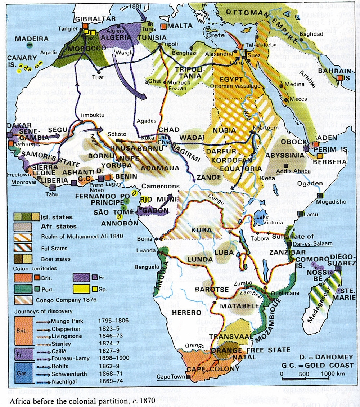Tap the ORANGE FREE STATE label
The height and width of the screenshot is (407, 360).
250,350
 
